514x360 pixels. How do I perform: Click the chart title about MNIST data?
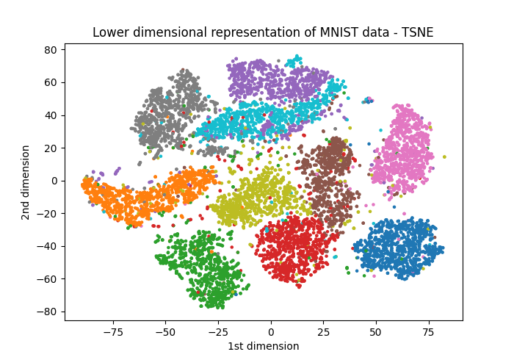point(263,32)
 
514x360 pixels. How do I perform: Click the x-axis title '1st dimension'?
point(263,346)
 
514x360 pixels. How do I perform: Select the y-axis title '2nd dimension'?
point(26,182)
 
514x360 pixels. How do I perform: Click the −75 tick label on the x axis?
point(112,332)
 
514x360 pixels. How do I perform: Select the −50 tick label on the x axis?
point(165,332)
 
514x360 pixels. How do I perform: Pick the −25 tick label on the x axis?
point(218,332)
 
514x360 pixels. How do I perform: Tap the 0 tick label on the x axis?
point(271,332)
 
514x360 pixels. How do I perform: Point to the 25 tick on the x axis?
point(324,332)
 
